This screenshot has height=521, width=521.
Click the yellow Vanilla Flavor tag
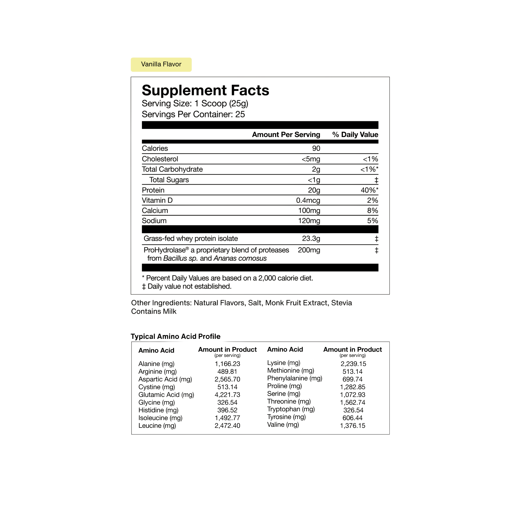[161, 64]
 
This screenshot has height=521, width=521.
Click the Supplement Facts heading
[205, 90]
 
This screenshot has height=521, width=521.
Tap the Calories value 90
[316, 148]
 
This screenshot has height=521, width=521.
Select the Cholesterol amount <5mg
[311, 159]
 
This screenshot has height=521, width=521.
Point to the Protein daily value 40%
[368, 190]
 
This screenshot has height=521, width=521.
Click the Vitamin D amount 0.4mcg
[308, 200]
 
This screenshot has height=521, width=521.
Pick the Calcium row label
[155, 210]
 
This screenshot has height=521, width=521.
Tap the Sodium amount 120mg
[309, 221]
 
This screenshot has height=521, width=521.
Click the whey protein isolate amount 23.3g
[311, 239]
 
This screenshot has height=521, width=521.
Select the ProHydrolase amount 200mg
[309, 250]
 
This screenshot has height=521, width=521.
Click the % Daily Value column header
[355, 135]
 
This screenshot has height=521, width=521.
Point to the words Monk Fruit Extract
[296, 303]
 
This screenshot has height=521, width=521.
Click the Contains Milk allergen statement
[154, 312]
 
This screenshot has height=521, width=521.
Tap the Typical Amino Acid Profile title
[176, 337]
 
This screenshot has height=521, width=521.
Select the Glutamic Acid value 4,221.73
[227, 395]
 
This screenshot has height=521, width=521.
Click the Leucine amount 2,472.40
[227, 426]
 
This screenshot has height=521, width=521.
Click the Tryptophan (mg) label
[291, 409]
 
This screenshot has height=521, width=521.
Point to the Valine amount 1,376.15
[352, 426]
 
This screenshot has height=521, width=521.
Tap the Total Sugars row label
[169, 180]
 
